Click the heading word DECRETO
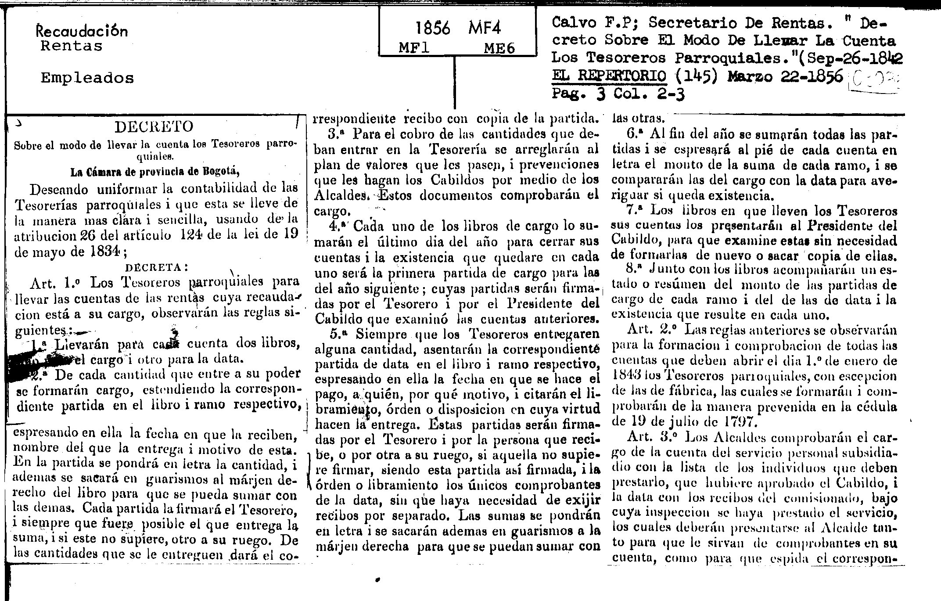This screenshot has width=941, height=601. click(x=154, y=127)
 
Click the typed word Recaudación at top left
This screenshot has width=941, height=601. click(x=82, y=31)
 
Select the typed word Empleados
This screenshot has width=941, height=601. click(x=87, y=78)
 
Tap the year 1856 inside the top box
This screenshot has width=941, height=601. click(x=433, y=29)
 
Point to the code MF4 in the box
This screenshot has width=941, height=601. click(x=485, y=29)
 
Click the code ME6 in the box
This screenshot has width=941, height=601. click(x=499, y=48)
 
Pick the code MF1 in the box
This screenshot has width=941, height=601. click(x=414, y=48)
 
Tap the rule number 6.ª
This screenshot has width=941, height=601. click(x=635, y=134)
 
